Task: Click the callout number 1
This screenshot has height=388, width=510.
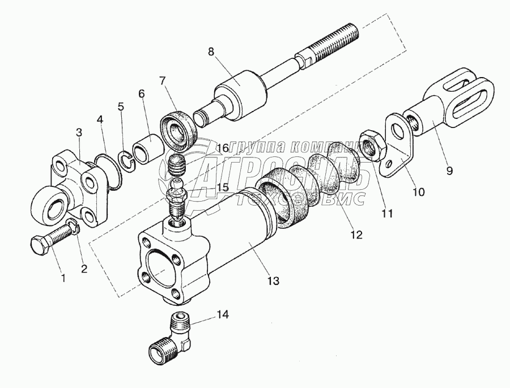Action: [x=63, y=278]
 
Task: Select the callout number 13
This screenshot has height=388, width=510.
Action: [x=274, y=279]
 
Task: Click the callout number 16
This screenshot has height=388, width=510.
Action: [x=222, y=148]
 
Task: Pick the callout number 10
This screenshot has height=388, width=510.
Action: [x=418, y=192]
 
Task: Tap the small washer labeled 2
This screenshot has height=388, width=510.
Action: [x=71, y=224]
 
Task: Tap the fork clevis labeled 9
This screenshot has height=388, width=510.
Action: [x=453, y=108]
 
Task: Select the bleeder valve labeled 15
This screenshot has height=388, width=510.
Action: [x=176, y=198]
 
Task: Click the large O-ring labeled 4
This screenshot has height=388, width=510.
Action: [x=108, y=170]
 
